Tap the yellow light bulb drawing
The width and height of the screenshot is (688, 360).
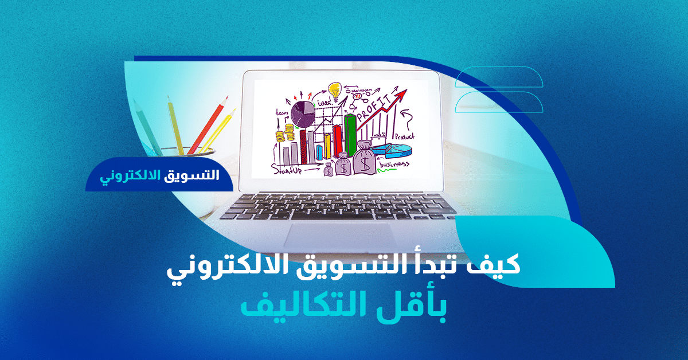(x=335, y=90)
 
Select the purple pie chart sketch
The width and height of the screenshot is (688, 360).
(x=303, y=113)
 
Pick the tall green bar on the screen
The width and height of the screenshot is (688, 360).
(x=350, y=135)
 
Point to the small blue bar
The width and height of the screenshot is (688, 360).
(x=320, y=152)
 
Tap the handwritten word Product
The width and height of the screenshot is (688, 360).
(x=404, y=136)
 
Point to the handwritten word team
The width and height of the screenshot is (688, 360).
(x=282, y=113)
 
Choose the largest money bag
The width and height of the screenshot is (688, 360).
(x=365, y=158)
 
